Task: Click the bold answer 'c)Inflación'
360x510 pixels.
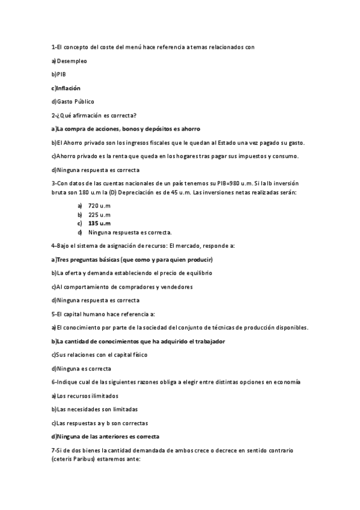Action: [x=66, y=88]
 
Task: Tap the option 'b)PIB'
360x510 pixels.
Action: [x=59, y=75]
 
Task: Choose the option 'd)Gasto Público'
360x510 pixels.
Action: [x=73, y=102]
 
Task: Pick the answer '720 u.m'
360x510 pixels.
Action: [x=99, y=205]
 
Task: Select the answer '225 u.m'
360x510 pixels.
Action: [x=99, y=214]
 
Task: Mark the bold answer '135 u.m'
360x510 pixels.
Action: [x=99, y=223]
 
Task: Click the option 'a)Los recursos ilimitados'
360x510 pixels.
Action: [x=85, y=396]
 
